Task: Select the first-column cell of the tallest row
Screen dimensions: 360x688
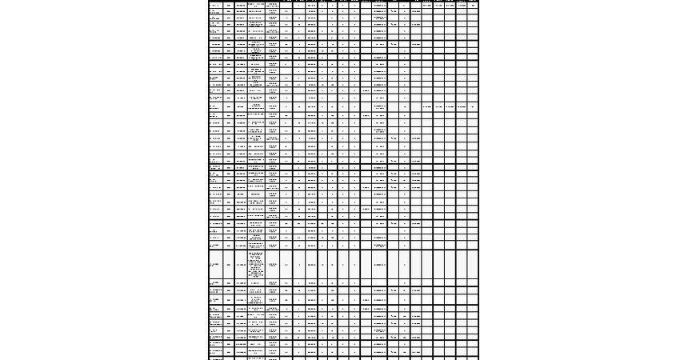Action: click(x=215, y=265)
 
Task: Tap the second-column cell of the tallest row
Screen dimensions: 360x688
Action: click(x=229, y=265)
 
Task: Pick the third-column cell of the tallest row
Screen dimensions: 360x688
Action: click(x=241, y=265)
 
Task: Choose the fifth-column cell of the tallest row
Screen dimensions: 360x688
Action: click(x=273, y=265)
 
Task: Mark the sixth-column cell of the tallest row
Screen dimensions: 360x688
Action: click(x=286, y=265)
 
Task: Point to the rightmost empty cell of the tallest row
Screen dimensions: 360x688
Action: click(x=473, y=265)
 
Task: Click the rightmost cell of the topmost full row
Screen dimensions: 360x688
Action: click(x=473, y=6)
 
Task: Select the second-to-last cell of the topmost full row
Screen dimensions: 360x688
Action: click(x=462, y=6)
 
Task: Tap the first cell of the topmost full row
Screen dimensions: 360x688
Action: click(x=215, y=6)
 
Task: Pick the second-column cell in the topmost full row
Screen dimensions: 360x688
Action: click(x=229, y=6)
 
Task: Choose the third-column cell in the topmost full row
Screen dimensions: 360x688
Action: click(x=241, y=6)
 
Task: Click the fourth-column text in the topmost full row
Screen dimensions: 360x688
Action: click(x=255, y=6)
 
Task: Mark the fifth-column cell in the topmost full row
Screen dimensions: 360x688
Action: click(x=273, y=6)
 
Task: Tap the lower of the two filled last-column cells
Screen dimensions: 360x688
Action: click(x=473, y=106)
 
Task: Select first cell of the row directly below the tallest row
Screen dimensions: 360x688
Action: click(x=215, y=282)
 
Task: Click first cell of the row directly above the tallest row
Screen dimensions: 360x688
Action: click(x=215, y=246)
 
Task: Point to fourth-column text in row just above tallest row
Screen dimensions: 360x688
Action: click(x=255, y=246)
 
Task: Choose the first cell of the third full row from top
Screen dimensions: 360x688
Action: click(x=215, y=24)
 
